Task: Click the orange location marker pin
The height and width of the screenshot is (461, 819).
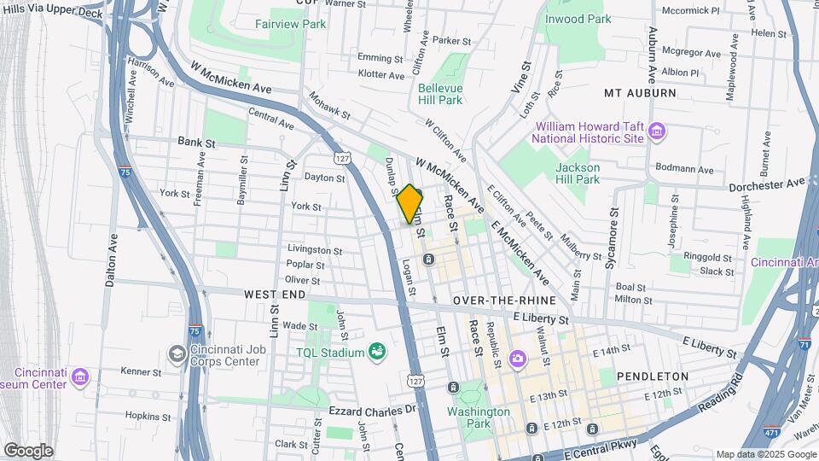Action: tap(410, 204)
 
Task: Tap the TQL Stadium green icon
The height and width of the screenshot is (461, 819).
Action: tap(376, 351)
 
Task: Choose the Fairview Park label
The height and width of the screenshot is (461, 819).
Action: tap(290, 24)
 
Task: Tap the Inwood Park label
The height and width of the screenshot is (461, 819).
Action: tap(578, 19)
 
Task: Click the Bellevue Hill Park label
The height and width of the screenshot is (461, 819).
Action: tap(439, 94)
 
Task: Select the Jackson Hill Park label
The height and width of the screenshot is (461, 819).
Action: tap(578, 173)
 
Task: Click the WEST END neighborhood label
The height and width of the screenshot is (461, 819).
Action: tap(275, 294)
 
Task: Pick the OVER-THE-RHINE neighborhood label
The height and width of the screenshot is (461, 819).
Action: tap(504, 301)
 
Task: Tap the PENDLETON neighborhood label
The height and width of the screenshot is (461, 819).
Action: tap(652, 376)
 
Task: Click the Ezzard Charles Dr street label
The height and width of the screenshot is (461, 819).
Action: tap(371, 411)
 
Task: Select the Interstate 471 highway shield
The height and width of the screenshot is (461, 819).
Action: tap(771, 432)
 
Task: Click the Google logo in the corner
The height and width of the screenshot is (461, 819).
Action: tap(28, 451)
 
